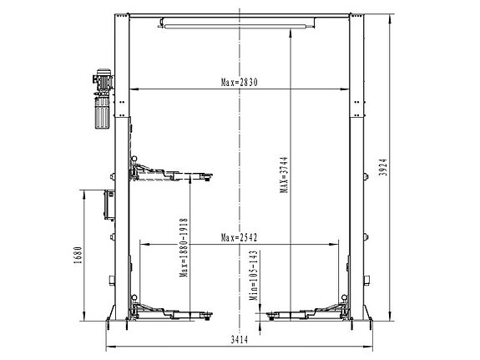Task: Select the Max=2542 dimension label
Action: click(x=240, y=236)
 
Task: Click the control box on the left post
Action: click(x=108, y=203)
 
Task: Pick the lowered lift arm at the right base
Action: click(x=306, y=315)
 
